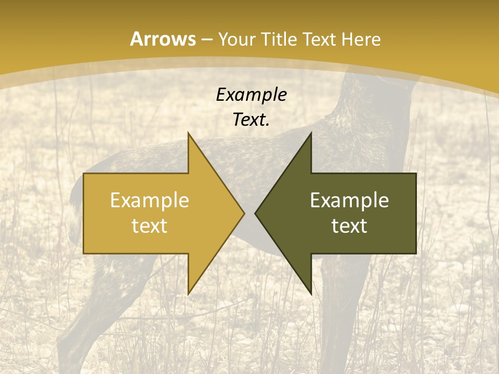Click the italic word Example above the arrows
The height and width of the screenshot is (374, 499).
pyautogui.click(x=251, y=95)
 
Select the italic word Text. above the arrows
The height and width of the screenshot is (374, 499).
pyautogui.click(x=251, y=119)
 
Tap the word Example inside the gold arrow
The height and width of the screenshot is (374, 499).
pyautogui.click(x=149, y=201)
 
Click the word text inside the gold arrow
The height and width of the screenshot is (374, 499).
pyautogui.click(x=149, y=225)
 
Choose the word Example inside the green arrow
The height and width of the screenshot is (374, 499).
pyautogui.click(x=349, y=201)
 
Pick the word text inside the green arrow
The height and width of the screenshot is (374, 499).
pyautogui.click(x=349, y=225)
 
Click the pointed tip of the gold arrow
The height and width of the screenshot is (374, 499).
pyautogui.click(x=244, y=213)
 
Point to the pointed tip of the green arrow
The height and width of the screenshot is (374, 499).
pyautogui.click(x=255, y=213)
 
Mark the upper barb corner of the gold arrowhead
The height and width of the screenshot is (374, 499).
pyautogui.click(x=188, y=133)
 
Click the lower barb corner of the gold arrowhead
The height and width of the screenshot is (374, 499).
pyautogui.click(x=188, y=294)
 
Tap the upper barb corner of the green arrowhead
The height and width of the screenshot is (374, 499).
pyautogui.click(x=311, y=133)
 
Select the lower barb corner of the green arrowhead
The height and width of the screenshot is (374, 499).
pyautogui.click(x=311, y=294)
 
